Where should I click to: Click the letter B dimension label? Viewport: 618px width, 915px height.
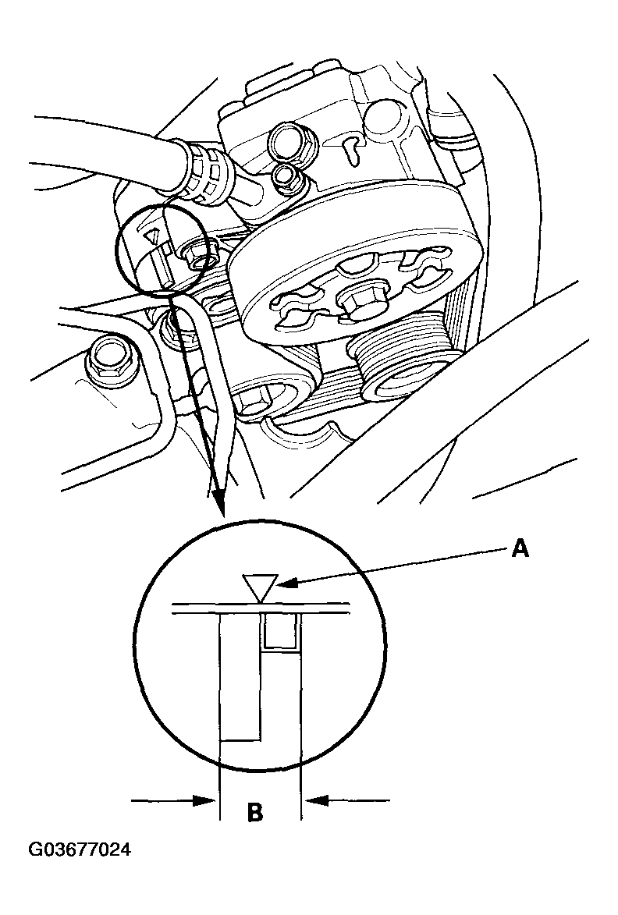[x=255, y=811]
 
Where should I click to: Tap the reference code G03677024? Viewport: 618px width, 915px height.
[x=80, y=849]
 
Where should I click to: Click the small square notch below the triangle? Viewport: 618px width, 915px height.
[x=281, y=631]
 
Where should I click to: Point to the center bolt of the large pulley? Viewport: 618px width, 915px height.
[x=355, y=303]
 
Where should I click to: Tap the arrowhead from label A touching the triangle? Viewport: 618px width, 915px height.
[x=284, y=583]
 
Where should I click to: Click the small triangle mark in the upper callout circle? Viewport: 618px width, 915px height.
[x=153, y=235]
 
